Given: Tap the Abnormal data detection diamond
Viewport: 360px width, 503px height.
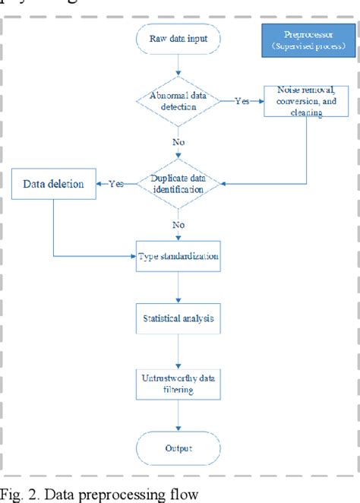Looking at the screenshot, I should (x=178, y=102).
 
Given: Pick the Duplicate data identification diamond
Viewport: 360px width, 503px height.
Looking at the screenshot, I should (x=178, y=183).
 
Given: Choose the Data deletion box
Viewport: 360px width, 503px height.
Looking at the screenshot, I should (x=52, y=183).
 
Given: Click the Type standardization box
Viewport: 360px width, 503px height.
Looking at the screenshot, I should (x=178, y=257).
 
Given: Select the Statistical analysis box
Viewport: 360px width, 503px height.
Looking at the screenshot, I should (x=178, y=319).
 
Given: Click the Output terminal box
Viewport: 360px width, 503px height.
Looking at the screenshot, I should (x=178, y=448).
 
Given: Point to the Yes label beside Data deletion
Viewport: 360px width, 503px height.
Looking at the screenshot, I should (x=116, y=183).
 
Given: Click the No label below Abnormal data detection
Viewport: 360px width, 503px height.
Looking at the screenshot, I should (x=178, y=141).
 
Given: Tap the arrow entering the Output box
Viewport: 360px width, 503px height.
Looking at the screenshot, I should (x=178, y=418).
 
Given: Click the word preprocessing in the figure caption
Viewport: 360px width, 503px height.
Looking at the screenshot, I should (x=104, y=495).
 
